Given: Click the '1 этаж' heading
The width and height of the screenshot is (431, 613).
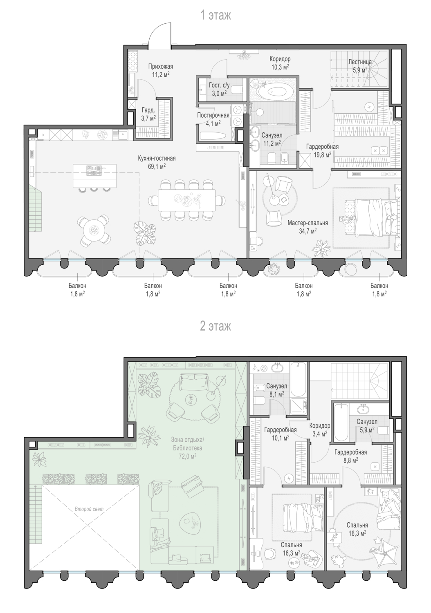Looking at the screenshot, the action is click(215, 15).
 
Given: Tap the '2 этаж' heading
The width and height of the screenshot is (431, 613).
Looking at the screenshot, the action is click(215, 326).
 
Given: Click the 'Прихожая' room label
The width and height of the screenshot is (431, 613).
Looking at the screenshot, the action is click(161, 67).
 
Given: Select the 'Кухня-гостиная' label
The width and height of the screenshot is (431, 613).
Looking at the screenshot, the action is click(157, 159).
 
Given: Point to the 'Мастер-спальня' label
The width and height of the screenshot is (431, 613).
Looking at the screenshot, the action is click(308, 223).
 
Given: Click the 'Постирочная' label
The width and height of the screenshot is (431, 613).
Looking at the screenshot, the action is click(213, 116).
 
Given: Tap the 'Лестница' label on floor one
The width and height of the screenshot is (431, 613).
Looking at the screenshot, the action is click(360, 62).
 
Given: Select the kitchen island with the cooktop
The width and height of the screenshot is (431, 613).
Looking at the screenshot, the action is click(94, 176).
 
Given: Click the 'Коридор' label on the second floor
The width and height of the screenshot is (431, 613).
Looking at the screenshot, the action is click(320, 426).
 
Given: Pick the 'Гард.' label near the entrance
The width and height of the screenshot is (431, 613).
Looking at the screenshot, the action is click(148, 111).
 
